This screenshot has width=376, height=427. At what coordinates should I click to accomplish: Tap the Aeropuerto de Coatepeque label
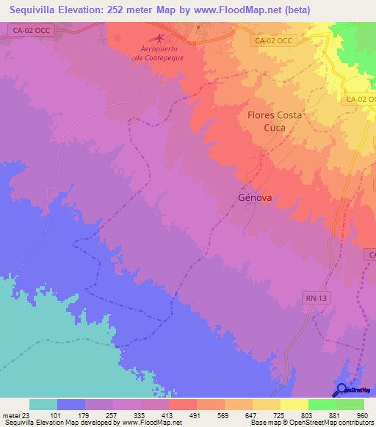click(160, 53)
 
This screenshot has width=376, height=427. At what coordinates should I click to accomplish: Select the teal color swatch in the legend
click(43, 404)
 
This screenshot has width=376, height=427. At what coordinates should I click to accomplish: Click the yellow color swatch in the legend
click(294, 404)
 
